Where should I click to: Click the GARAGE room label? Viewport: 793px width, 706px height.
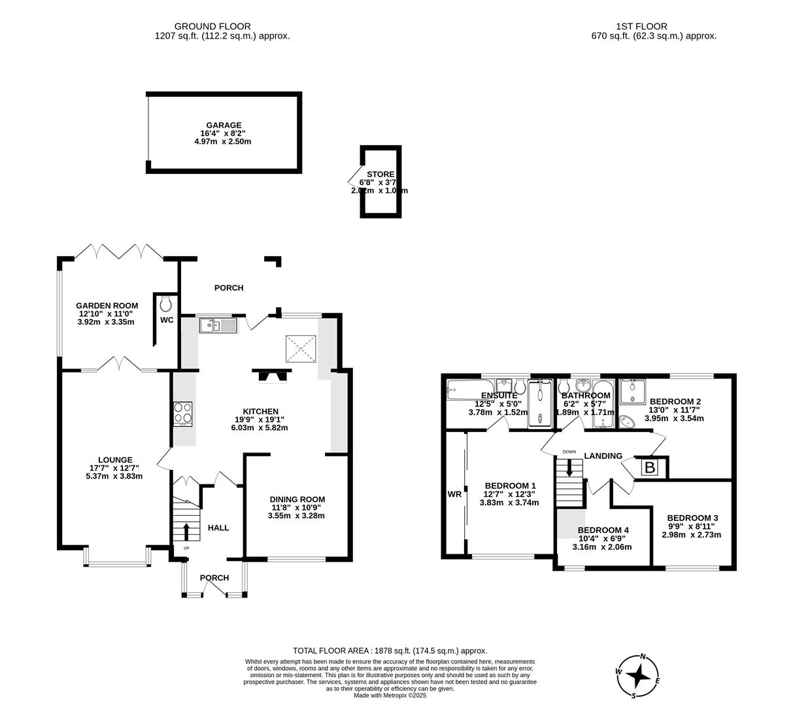224,125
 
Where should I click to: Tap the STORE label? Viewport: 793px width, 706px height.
380,174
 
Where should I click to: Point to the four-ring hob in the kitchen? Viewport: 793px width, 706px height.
183,413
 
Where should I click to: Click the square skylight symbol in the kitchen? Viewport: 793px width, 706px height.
301,348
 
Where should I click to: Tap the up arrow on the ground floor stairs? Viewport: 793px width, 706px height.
186,530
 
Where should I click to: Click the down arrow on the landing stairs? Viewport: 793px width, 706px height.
569,467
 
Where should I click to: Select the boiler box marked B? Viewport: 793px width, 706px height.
650,467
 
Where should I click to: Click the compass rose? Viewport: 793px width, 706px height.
638,676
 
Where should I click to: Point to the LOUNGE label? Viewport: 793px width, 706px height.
115,460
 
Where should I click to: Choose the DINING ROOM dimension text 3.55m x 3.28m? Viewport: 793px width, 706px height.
296,515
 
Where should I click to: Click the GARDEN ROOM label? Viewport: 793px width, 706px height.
107,305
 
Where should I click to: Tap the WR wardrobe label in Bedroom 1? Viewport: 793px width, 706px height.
454,494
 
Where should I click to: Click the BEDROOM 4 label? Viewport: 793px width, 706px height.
603,529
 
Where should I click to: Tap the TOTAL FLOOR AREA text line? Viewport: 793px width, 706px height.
390,650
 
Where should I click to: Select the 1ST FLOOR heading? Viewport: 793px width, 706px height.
641,26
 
